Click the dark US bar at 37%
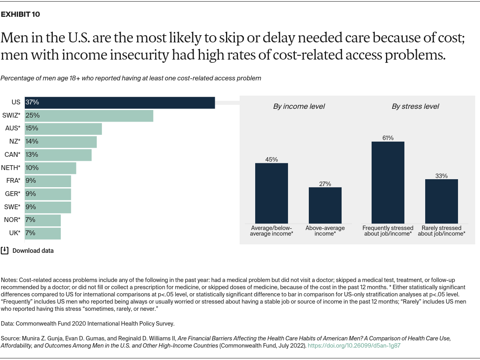[120, 102]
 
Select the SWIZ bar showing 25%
[89, 116]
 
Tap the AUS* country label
[12, 128]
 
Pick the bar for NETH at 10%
[50, 168]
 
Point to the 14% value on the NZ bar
[32, 141]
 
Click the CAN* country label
[12, 154]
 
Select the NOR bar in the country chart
[43, 220]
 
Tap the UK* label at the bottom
[14, 233]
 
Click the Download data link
[33, 251]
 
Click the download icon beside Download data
[4, 250]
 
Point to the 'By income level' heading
[299, 106]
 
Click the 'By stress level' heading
[415, 106]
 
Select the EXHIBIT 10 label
[20, 15]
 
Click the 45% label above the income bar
[272, 160]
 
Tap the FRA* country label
[13, 181]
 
